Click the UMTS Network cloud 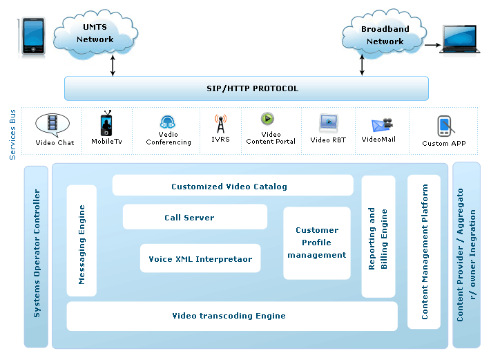pos(95,33)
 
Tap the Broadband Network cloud pos(384,35)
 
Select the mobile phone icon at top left pos(33,37)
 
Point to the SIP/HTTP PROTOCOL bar pos(247,88)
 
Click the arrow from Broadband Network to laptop pos(432,47)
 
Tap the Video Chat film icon pos(52,124)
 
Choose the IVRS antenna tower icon pos(220,125)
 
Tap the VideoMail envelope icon pos(381,125)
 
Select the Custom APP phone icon pos(444,126)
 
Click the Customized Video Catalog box pos(229,186)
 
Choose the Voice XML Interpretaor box pos(200,259)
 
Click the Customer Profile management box pos(317,243)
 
